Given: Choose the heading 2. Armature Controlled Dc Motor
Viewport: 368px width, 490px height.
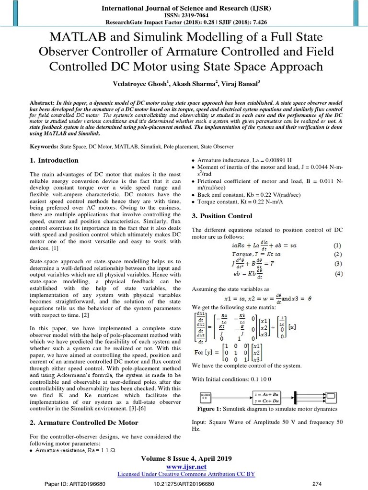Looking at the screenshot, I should coord(84,423).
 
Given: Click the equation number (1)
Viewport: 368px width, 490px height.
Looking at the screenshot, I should coord(338,245).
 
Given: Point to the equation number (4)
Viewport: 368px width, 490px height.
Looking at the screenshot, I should coord(338,274).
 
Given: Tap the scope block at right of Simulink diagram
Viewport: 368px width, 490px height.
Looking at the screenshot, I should coord(331,397).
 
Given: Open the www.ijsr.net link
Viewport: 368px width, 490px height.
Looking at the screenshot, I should coord(186,467).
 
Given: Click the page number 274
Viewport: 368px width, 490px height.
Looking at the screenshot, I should coord(317,484).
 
